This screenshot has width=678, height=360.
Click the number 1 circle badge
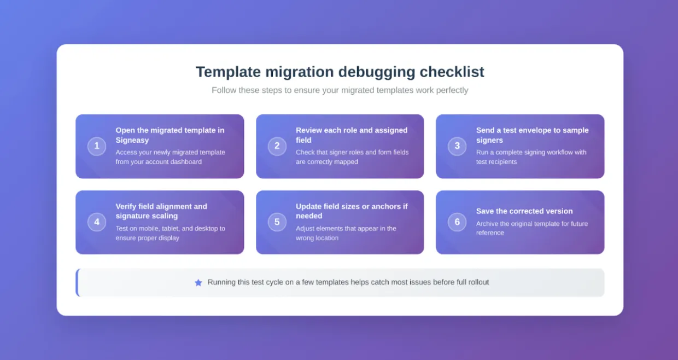pos(97,146)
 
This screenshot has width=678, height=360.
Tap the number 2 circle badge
pos(277,146)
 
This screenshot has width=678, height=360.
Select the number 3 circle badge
pos(457,146)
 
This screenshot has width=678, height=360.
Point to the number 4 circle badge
pos(97,222)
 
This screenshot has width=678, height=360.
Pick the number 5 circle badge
pos(277,222)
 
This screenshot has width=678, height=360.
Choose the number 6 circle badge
pos(457,222)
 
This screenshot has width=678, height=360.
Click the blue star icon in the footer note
pos(198,283)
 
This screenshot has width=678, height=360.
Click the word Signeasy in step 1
pos(132,141)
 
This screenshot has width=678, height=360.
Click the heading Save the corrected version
pos(524,211)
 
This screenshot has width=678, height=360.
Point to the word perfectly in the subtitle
pos(451,90)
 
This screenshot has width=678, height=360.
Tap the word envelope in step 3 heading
pos(537,130)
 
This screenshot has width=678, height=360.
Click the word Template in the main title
pos(229,72)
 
